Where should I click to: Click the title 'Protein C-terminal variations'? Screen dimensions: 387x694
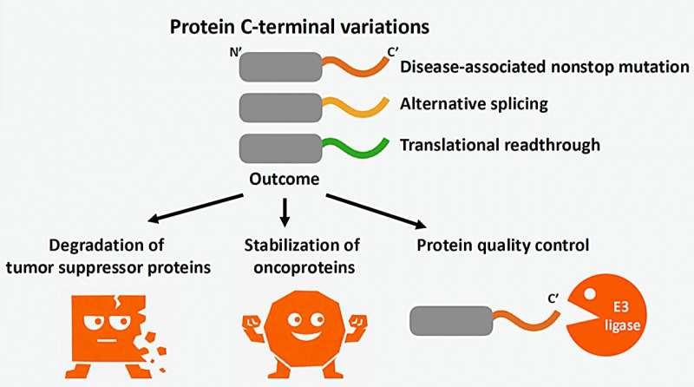point(305,27)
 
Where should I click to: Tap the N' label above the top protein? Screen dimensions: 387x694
point(233,52)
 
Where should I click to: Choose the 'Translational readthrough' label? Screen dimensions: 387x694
point(499,144)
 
